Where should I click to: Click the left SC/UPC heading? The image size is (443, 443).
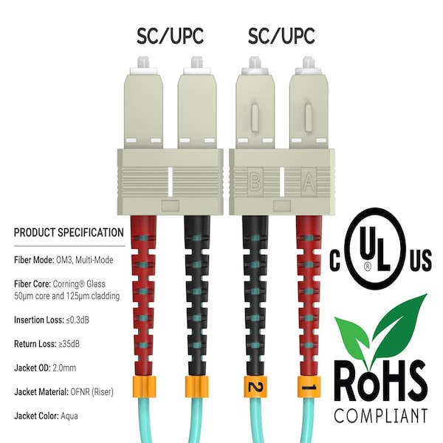[170, 36]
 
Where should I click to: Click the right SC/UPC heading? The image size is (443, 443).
[281, 36]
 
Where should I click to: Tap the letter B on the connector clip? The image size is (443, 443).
[255, 182]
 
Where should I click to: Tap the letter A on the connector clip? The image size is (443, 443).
[309, 182]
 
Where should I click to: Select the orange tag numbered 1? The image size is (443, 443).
[309, 386]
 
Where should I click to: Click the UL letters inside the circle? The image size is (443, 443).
[375, 248]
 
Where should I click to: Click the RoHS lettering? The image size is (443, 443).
[380, 382]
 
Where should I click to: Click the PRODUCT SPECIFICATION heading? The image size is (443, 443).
[69, 233]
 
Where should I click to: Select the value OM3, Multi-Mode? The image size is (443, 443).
[85, 260]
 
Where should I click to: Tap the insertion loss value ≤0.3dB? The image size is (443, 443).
[78, 320]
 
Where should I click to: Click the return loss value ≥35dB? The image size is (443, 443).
[69, 344]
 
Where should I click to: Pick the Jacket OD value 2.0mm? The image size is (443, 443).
[64, 368]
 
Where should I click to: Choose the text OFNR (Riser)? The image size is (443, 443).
[92, 392]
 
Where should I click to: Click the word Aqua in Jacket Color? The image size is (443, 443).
[69, 416]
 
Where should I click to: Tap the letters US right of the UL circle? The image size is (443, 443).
[421, 260]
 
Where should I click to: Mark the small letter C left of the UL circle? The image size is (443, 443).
[334, 260]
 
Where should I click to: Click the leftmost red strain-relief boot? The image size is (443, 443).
[143, 296]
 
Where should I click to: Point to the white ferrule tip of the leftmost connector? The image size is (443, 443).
[143, 62]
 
